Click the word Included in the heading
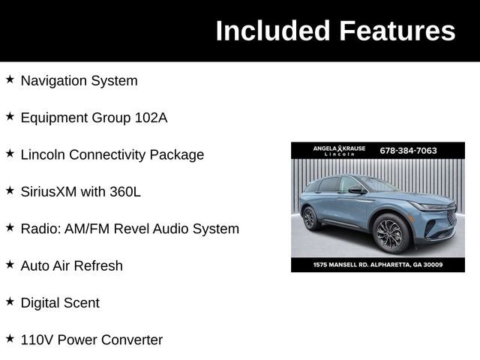[273, 31]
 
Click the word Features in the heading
[397, 31]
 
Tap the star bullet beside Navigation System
[10, 79]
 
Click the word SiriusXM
[49, 191]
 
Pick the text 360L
[125, 191]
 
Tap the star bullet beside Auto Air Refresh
[10, 264]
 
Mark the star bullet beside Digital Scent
[10, 301]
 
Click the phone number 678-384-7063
[409, 150]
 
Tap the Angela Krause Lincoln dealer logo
[339, 150]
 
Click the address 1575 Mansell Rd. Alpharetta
[378, 264]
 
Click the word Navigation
[54, 80]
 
